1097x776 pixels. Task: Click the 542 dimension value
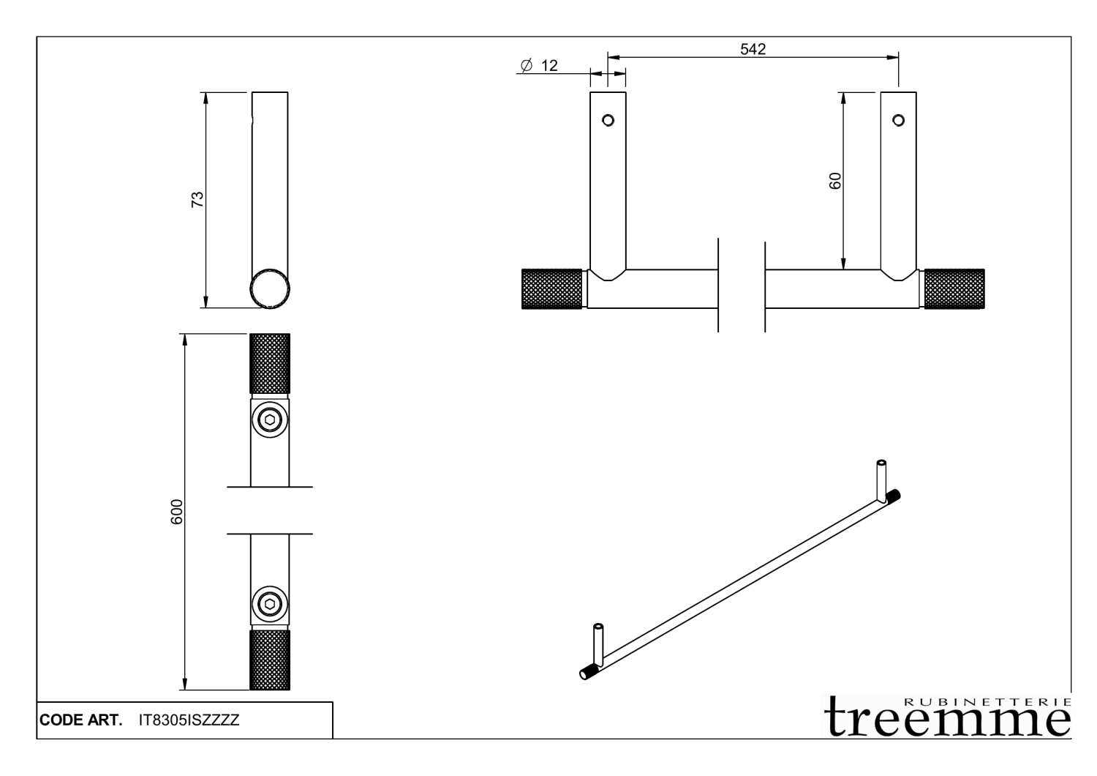(753, 49)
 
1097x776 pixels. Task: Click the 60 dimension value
(835, 181)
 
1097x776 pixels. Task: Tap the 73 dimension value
(197, 199)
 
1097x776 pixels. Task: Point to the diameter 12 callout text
(540, 66)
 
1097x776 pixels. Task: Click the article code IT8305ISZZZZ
(189, 720)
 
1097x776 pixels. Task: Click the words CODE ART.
(80, 720)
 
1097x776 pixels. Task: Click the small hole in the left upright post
(608, 119)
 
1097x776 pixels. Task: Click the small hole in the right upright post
(898, 119)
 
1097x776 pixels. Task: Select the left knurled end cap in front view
(552, 289)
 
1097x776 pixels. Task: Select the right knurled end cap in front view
(954, 289)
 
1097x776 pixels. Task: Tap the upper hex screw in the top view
(270, 420)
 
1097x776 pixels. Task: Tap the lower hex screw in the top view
(270, 605)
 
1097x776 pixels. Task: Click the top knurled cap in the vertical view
(270, 364)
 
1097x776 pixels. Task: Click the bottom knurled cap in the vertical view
(270, 660)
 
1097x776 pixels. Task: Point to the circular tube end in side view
(270, 288)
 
